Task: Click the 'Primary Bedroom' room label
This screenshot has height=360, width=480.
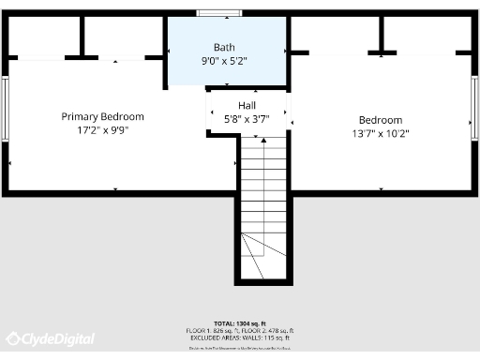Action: click(103, 116)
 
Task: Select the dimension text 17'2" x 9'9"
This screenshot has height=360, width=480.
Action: click(103, 131)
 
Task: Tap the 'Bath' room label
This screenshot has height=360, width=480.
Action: click(224, 47)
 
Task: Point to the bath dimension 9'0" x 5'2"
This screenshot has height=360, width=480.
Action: click(224, 62)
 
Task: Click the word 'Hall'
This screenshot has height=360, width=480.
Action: click(247, 106)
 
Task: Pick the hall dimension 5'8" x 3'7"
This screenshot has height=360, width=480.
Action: click(247, 119)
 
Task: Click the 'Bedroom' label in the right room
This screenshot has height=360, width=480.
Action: click(381, 120)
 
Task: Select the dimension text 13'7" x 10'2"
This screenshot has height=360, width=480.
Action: click(381, 133)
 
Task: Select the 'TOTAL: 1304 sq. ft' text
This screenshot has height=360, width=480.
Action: click(240, 322)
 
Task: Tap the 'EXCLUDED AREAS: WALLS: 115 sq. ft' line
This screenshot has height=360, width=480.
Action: click(240, 338)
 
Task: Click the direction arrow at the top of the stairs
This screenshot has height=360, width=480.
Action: click(262, 139)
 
